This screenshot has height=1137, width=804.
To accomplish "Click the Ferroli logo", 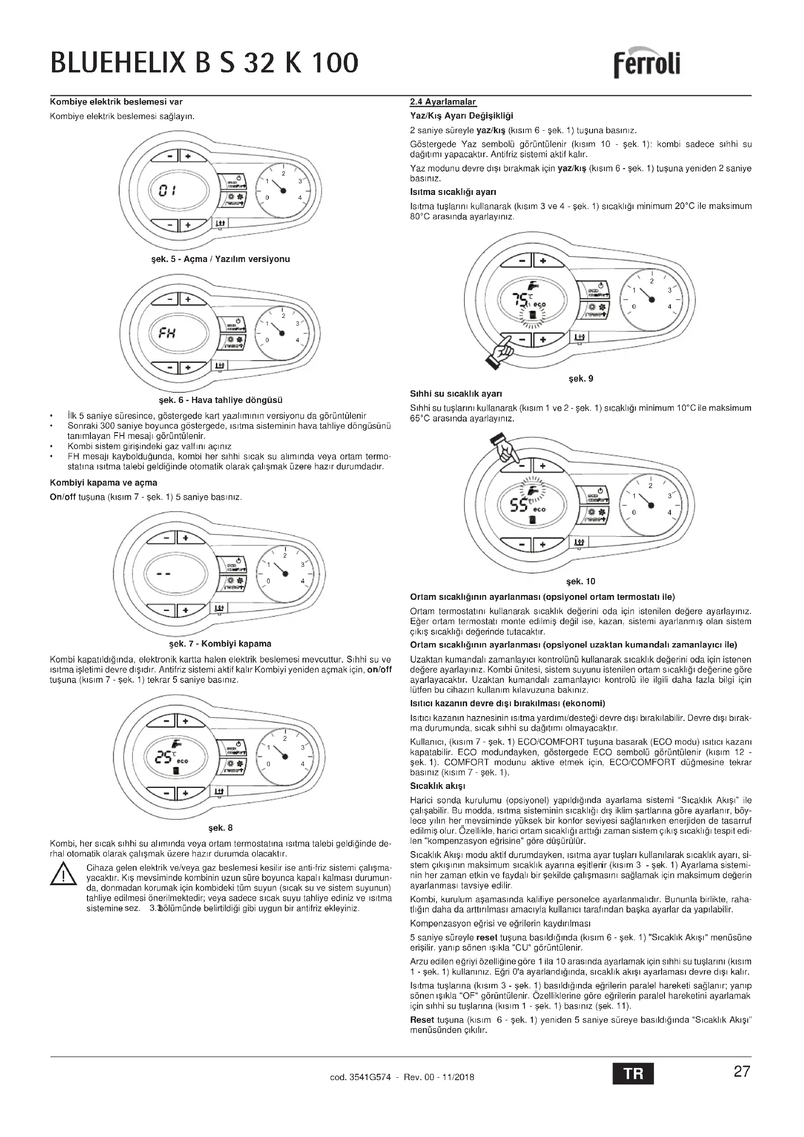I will (647, 64).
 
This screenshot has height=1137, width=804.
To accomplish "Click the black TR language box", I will (633, 1074).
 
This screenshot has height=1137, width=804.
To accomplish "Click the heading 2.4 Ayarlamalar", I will (443, 102).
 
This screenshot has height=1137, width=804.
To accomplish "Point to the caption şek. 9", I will (581, 379).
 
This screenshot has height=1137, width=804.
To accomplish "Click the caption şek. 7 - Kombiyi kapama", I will (220, 644).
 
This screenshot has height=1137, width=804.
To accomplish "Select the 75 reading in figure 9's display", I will (521, 299).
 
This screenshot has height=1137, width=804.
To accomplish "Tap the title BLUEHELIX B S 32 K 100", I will (205, 63).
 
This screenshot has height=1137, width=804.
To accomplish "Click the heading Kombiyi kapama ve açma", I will (104, 482).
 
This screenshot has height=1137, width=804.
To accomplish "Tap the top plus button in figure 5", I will (188, 157).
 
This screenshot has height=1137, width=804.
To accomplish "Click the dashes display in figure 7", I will (163, 574).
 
